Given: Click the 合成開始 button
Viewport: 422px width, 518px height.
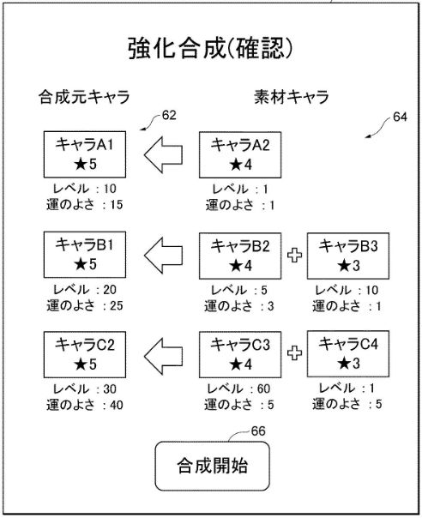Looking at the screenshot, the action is (x=212, y=466).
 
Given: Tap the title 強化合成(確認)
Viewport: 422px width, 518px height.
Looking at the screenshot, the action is (x=210, y=49).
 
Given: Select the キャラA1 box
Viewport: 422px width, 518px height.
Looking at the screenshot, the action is (x=85, y=154).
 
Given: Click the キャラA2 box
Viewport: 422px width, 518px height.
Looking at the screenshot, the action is (x=240, y=155).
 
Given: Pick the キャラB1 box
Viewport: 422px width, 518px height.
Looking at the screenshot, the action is (x=85, y=255).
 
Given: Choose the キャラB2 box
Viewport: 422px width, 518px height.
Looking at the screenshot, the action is (x=240, y=256).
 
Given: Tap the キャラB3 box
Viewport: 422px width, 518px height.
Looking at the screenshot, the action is (x=348, y=256).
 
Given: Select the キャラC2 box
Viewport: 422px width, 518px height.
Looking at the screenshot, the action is (x=85, y=354).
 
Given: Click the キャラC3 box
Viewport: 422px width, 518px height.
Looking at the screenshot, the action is (x=240, y=354).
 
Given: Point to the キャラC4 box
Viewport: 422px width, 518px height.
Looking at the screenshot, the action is (x=348, y=354).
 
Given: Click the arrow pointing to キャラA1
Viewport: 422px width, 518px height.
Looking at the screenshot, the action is (x=163, y=155).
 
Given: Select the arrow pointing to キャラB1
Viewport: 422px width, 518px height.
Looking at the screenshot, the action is (x=163, y=256).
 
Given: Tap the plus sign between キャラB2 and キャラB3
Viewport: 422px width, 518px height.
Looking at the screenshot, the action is (x=294, y=256).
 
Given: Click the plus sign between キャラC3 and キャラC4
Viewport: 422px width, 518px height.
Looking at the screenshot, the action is (x=294, y=353).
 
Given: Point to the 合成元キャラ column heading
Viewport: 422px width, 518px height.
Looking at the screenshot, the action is (x=84, y=97).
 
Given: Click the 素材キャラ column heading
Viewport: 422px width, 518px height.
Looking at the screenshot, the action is (x=292, y=97).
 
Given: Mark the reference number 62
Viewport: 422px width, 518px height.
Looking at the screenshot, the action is (x=169, y=115).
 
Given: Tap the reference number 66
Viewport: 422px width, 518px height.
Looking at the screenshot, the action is (x=258, y=431).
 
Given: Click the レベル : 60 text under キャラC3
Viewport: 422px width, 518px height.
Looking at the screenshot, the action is (x=238, y=388).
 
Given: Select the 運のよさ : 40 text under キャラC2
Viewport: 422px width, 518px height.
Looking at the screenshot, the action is (x=85, y=405).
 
